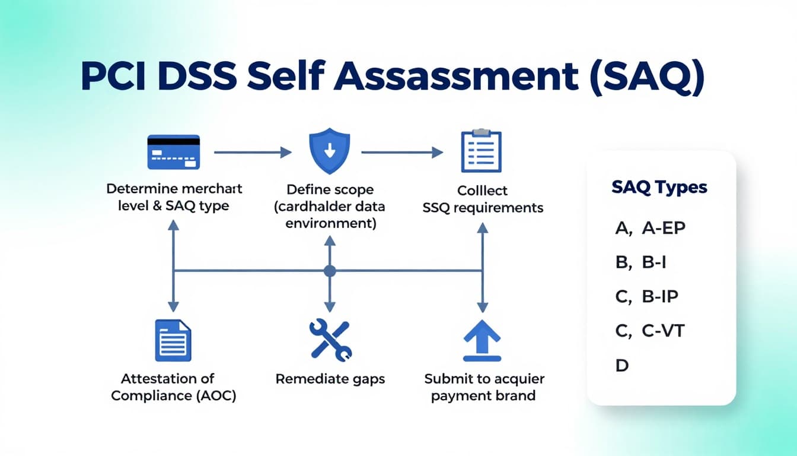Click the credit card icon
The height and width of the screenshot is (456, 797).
173,152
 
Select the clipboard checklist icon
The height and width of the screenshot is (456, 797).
481,151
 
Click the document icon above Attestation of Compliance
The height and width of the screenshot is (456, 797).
173,340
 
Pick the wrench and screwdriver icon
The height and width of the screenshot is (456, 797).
330,340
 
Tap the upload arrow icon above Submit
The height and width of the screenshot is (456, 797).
482,340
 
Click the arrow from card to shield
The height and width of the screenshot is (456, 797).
253,153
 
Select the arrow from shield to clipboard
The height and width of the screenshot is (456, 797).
402,153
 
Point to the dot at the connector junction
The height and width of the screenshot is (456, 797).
330,271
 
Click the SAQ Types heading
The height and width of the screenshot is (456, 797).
659,188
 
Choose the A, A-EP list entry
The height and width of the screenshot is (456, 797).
651,228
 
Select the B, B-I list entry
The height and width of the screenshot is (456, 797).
641,262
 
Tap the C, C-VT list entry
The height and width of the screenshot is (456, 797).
650,330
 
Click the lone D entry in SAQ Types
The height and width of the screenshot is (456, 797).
621,365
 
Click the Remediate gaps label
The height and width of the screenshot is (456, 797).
330,379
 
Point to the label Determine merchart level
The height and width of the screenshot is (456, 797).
174,198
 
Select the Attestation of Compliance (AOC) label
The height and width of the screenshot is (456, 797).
173,387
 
